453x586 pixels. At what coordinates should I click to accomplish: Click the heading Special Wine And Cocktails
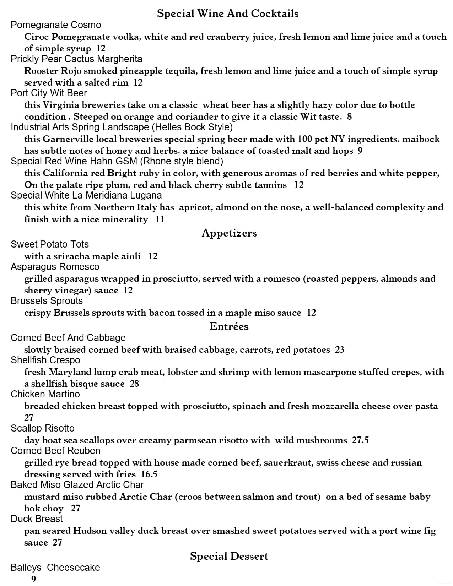(228, 13)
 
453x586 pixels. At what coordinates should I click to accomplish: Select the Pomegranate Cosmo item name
(56, 25)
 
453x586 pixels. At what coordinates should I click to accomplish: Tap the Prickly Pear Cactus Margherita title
(76, 59)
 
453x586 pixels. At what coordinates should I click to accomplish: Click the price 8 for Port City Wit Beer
(349, 116)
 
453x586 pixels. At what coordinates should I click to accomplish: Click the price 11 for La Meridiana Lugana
(160, 219)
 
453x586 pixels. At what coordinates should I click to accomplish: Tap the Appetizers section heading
(229, 233)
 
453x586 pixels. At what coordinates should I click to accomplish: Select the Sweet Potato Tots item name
(50, 244)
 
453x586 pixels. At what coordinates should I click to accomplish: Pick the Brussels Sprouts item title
(47, 301)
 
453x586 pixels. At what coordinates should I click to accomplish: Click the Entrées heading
(229, 326)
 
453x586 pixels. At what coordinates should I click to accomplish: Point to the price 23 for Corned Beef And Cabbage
(340, 350)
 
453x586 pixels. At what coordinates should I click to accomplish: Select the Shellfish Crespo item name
(45, 360)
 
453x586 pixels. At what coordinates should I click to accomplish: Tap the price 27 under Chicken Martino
(29, 418)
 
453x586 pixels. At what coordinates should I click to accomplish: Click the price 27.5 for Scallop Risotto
(360, 440)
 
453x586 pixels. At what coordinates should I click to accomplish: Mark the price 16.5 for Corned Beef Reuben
(149, 474)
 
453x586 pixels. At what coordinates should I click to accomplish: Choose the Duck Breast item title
(37, 519)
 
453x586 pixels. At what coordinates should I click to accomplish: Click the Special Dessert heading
(229, 556)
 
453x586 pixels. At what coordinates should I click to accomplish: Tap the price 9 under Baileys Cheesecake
(34, 579)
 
